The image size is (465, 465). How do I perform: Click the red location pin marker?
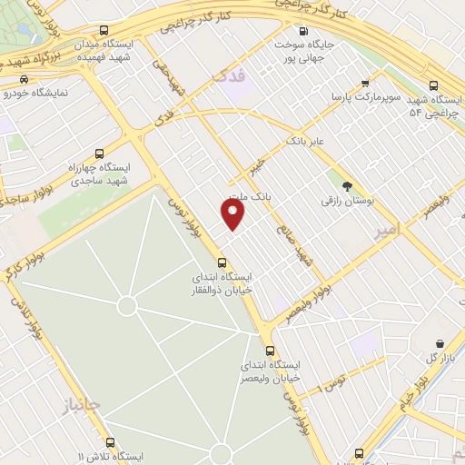[x=233, y=213]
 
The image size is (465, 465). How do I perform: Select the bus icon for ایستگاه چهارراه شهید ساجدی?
[x=99, y=153]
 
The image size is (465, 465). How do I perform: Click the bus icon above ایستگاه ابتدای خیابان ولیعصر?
[x=269, y=351]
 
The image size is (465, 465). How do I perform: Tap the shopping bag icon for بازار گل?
[x=440, y=344]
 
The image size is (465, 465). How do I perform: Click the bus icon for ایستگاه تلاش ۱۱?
[x=110, y=442]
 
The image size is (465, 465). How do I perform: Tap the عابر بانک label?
[x=305, y=142]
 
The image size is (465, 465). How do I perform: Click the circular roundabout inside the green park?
[x=126, y=306]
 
